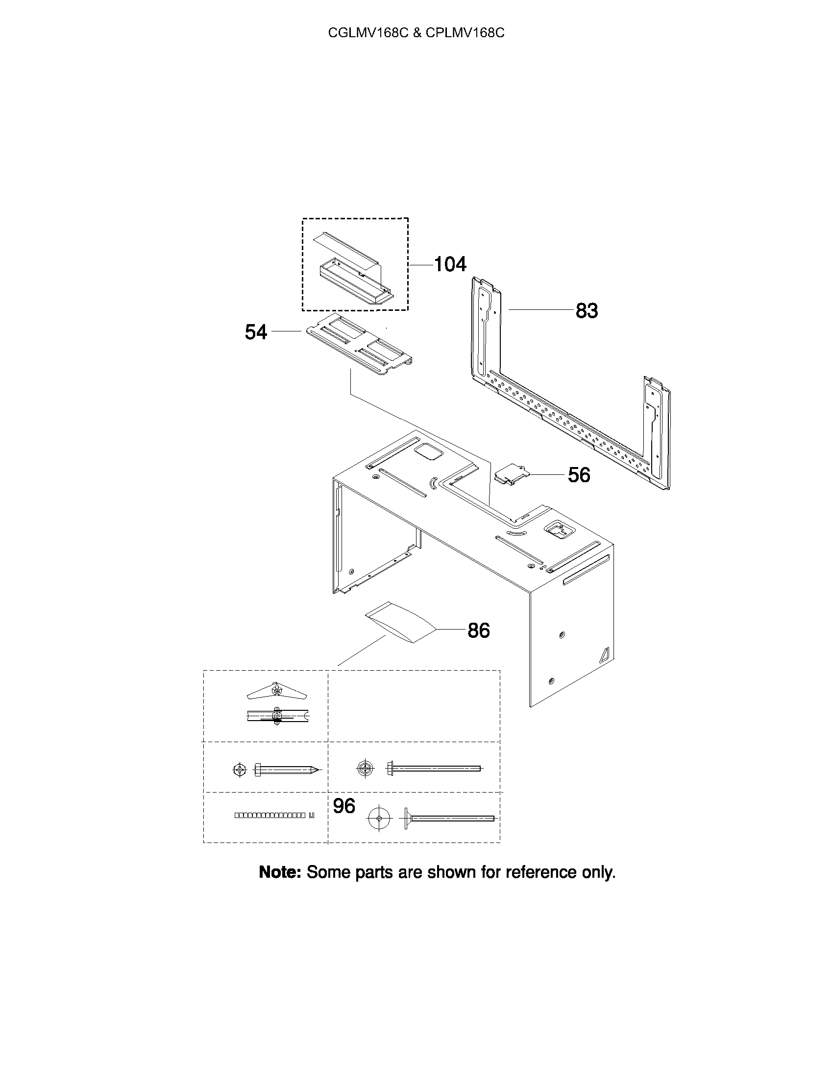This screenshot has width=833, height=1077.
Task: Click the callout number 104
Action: point(450,264)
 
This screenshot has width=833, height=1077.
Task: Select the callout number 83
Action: point(587,311)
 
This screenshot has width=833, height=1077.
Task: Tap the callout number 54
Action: point(256,332)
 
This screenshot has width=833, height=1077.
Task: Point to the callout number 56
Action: point(579,475)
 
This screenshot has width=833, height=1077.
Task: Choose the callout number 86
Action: point(479,630)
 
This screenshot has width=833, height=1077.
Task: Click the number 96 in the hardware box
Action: point(344,806)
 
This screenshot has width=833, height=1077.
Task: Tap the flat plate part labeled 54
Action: point(359,344)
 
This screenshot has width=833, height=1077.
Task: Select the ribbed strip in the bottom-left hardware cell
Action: point(274,815)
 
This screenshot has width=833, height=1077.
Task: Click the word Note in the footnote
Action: point(280,873)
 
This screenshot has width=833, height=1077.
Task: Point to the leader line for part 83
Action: point(541,309)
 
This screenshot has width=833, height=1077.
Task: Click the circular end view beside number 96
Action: point(378,819)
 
